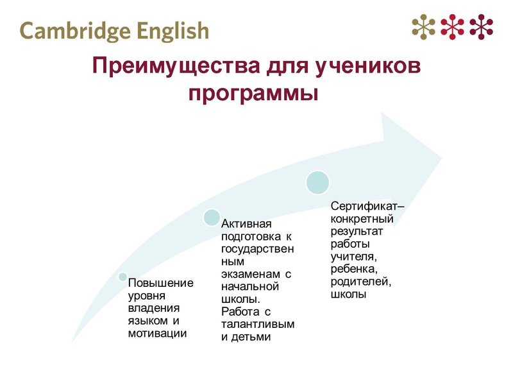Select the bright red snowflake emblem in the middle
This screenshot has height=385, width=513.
453,26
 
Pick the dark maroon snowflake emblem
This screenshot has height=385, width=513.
482,26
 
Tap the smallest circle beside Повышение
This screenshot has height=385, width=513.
122,277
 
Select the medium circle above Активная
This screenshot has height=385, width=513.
211,218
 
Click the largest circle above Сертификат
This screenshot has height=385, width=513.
318,183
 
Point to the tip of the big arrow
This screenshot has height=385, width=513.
441,154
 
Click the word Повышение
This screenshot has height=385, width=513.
161,283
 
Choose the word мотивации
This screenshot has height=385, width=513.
157,332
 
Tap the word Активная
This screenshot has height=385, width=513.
247,224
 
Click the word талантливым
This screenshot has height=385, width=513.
258,324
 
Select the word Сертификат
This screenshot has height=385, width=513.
365,207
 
